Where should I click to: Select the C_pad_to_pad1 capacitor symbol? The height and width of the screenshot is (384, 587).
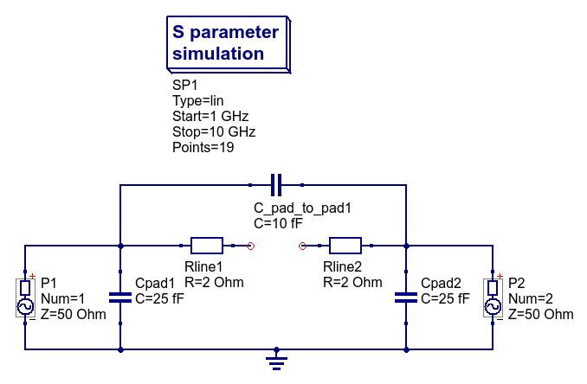point(276,185)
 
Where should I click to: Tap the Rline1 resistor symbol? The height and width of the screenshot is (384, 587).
point(207,246)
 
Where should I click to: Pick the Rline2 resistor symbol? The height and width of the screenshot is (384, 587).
point(345,246)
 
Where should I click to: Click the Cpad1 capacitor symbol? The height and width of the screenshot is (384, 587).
point(120,298)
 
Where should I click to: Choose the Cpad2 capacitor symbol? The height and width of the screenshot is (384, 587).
point(406,298)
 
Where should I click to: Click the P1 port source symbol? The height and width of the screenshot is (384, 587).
point(25,298)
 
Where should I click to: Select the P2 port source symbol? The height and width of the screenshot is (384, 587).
point(493,298)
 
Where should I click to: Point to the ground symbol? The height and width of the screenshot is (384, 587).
point(276,359)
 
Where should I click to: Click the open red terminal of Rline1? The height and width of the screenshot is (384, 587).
point(250,246)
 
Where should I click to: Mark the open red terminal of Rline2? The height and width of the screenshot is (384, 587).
point(302,246)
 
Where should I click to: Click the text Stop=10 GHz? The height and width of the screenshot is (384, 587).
point(214,131)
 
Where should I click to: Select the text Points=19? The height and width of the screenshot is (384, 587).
point(203,147)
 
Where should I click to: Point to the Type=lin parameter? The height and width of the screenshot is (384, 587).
point(198,100)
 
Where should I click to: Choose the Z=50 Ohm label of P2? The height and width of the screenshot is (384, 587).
point(540,314)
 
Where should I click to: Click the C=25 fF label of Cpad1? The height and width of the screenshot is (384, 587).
point(160,298)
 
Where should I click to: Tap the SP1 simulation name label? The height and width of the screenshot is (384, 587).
point(185,85)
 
